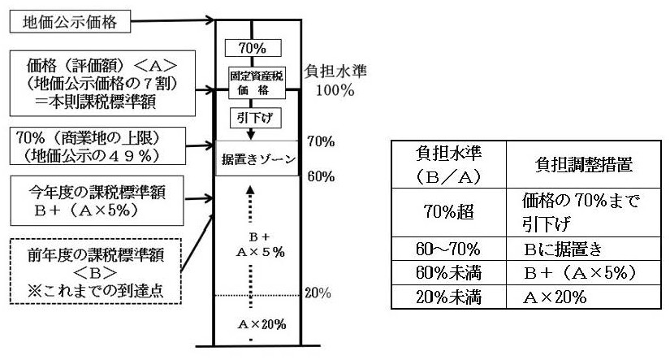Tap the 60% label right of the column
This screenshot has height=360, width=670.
(x=322, y=176)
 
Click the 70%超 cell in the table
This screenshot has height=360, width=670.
(x=447, y=209)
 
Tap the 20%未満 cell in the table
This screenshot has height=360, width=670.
(x=447, y=297)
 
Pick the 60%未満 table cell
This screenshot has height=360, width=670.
(x=447, y=272)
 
